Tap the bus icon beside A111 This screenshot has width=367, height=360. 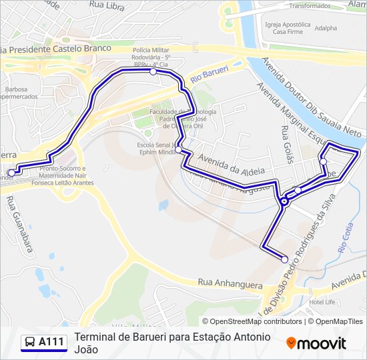coord(30,343)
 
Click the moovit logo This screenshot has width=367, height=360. coord(316,343)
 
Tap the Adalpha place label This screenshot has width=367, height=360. coord(326,28)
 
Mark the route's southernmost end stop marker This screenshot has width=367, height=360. coord(284,259)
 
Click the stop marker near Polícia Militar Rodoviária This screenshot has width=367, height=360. coord(153,71)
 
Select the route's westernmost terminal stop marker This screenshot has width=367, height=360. coord(11,173)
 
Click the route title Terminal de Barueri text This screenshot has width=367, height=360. coord(173,337)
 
